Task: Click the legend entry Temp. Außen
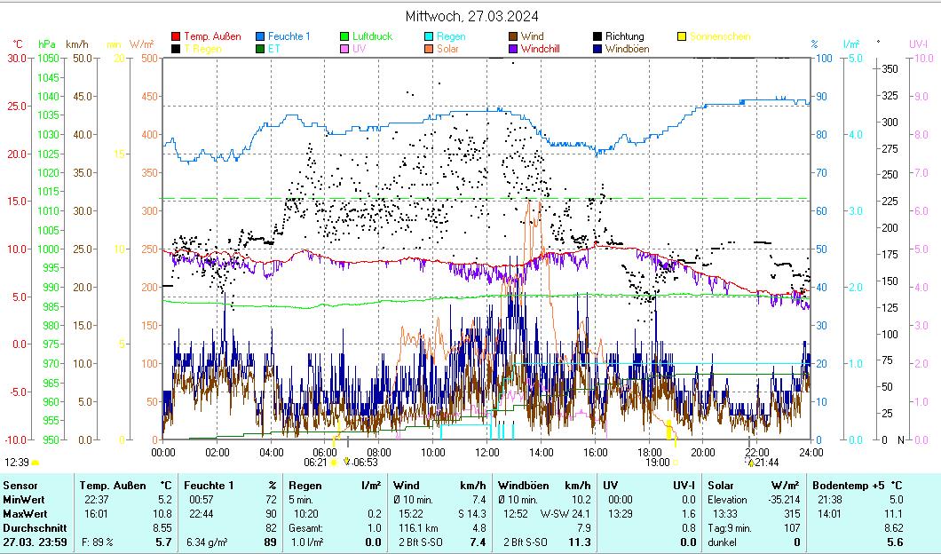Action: click(x=211, y=36)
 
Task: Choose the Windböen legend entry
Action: click(x=628, y=49)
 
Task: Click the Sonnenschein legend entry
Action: click(x=720, y=36)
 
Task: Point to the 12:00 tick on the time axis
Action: click(x=486, y=452)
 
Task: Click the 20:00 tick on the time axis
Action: click(x=702, y=452)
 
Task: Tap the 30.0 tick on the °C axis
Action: click(x=17, y=59)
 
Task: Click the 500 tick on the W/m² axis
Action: click(x=149, y=59)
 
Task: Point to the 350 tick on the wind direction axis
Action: click(x=888, y=68)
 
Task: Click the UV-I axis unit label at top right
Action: click(x=919, y=44)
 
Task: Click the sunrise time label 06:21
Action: click(x=315, y=462)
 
